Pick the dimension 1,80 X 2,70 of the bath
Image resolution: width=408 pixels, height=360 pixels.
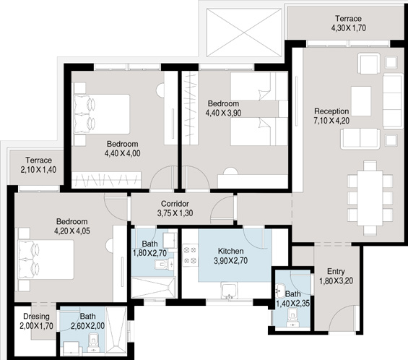click(150, 253)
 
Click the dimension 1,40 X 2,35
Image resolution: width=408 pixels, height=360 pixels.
click(293, 304)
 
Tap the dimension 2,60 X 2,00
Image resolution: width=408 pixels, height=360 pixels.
click(87, 326)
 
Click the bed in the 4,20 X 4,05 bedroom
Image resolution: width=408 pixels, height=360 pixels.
click(47, 260)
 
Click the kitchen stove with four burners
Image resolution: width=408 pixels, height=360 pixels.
click(191, 255)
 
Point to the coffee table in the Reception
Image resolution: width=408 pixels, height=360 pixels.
click(360, 100)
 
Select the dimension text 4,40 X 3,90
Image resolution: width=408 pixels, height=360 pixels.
click(223, 113)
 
